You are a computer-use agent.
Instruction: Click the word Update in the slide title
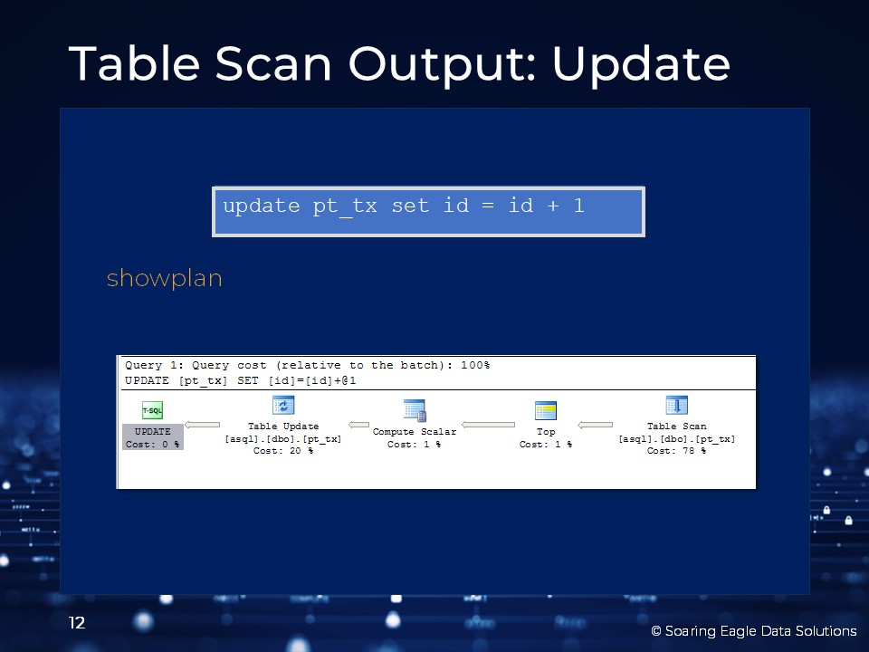[641, 65]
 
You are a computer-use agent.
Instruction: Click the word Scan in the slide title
[273, 63]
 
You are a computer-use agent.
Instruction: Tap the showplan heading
[164, 278]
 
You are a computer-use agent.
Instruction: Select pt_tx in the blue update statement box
[345, 206]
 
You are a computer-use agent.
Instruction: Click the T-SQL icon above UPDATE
[152, 410]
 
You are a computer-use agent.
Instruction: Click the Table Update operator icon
[283, 406]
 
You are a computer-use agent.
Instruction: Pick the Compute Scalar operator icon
[415, 410]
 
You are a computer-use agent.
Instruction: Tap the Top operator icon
[546, 411]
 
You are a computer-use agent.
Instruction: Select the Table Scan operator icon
[677, 406]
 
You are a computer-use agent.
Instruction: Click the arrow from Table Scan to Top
[596, 426]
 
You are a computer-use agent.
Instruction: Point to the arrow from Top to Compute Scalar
[488, 426]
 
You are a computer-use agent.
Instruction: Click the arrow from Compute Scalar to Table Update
[358, 426]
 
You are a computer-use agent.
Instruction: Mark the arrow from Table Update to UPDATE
[202, 426]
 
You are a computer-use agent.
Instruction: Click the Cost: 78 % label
[677, 451]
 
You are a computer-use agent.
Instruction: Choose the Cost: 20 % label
[283, 451]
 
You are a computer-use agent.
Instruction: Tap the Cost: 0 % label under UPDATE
[152, 444]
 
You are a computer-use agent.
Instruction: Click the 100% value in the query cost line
[475, 365]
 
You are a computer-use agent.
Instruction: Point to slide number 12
[77, 623]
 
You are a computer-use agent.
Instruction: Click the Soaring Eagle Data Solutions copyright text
[754, 631]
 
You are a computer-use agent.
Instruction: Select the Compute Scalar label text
[415, 431]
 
